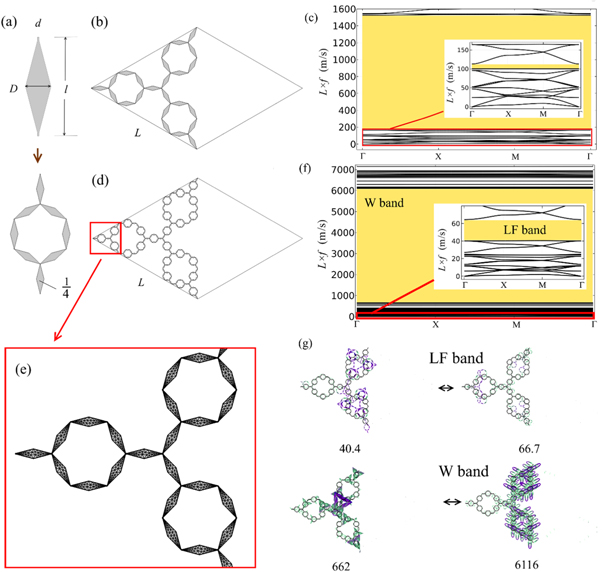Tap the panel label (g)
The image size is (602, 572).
319,346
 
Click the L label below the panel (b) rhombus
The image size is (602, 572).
147,131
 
